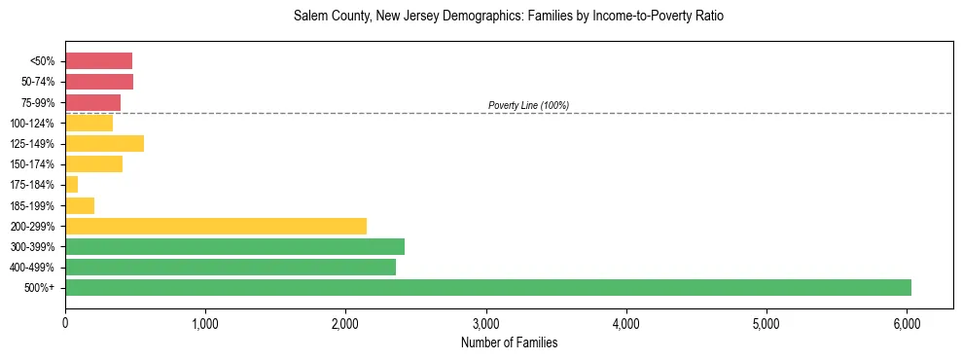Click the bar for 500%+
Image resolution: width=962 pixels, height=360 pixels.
point(487,287)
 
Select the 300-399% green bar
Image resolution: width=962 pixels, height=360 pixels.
point(234,246)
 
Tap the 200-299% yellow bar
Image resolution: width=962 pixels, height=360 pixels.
point(216,226)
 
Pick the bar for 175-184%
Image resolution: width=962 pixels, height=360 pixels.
point(72,185)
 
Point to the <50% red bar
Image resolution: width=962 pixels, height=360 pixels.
point(98,61)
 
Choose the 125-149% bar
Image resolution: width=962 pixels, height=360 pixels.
point(104,144)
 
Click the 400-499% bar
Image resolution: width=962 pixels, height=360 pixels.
point(231,267)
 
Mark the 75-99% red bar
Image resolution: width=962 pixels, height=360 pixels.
point(92,102)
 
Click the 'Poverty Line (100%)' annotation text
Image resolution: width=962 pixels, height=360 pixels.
point(528,105)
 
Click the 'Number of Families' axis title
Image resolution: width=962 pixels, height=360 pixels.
point(509,342)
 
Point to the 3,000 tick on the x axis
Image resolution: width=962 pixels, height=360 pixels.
point(486,323)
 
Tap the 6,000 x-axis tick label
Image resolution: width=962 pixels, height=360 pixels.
point(907,323)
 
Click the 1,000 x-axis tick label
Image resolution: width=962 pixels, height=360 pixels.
point(205,323)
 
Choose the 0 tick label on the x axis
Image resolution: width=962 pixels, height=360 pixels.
point(65,323)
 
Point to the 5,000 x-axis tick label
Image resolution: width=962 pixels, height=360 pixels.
point(766,323)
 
